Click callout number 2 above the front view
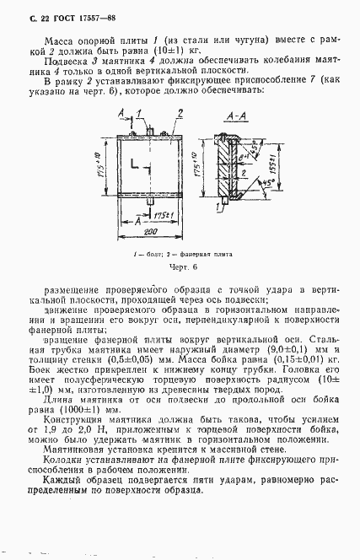pos(180,113)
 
